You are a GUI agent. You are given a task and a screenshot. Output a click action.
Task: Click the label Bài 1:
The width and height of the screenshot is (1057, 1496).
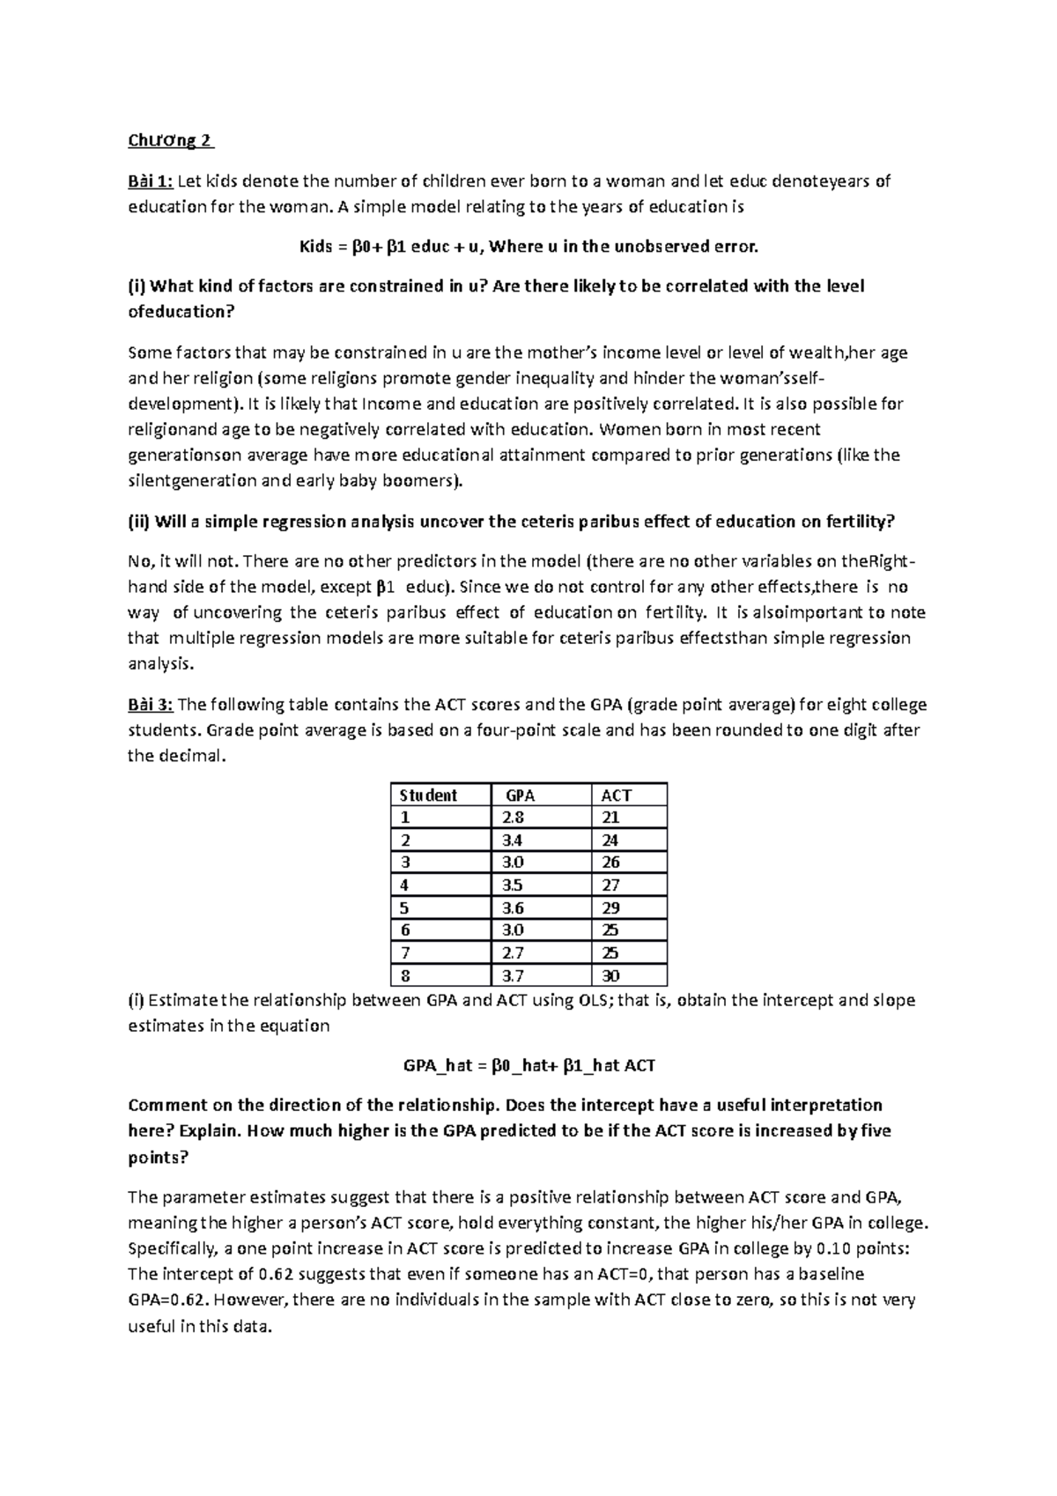tap(151, 182)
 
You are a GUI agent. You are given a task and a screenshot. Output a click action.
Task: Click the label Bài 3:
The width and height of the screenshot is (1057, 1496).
tap(151, 705)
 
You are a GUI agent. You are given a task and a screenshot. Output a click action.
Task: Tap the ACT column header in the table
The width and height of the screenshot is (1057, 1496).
tap(616, 795)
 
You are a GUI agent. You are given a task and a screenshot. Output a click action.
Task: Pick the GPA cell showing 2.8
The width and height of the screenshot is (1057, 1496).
tap(513, 818)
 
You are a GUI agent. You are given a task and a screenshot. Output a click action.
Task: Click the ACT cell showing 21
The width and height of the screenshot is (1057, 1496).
tap(610, 818)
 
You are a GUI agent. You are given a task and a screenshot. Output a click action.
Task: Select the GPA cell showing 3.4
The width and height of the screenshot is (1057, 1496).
tap(513, 841)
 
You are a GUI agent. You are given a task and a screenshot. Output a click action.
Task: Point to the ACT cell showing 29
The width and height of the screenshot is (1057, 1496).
tap(610, 907)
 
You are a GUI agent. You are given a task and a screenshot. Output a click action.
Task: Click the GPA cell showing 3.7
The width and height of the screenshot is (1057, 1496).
tap(513, 976)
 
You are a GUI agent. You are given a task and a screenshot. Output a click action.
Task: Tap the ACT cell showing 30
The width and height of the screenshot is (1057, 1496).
tap(610, 976)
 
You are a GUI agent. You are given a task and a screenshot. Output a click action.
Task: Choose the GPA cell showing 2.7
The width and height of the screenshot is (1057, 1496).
tap(513, 953)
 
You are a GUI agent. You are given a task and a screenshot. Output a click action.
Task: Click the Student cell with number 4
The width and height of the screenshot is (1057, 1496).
tap(405, 885)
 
